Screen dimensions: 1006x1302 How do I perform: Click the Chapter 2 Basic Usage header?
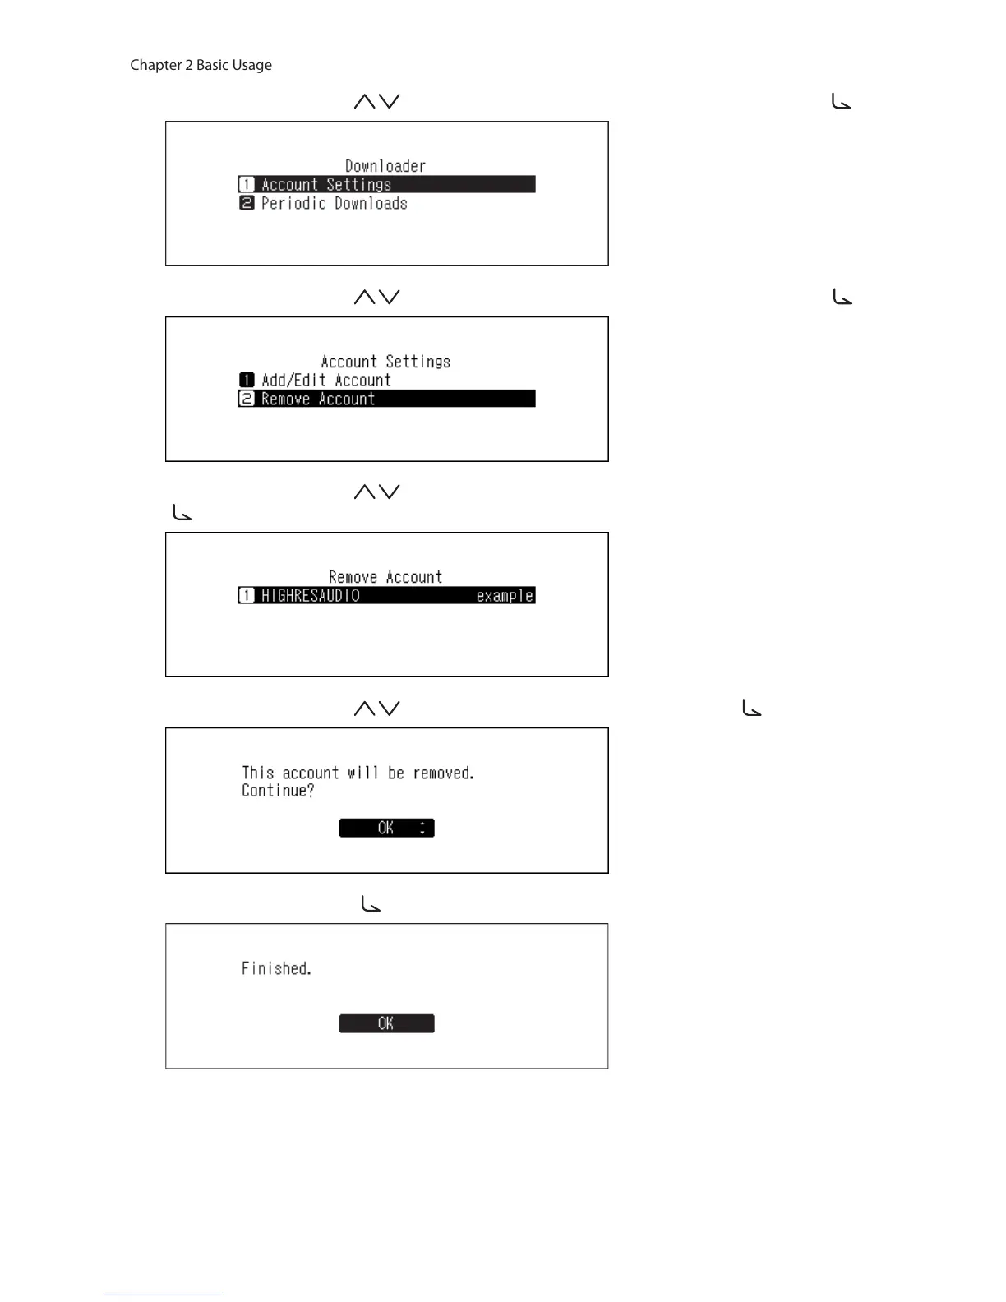pos(201,65)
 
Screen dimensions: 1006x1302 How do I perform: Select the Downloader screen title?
pos(385,166)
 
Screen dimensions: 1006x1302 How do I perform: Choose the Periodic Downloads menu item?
pos(334,204)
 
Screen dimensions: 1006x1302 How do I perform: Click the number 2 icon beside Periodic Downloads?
pos(247,203)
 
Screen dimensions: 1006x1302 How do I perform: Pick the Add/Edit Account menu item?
pos(325,381)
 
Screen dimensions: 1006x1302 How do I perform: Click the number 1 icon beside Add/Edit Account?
pos(247,380)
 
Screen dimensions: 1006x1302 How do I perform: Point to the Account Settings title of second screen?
pos(385,362)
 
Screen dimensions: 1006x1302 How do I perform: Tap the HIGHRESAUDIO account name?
pos(311,596)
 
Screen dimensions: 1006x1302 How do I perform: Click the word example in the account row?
pos(505,596)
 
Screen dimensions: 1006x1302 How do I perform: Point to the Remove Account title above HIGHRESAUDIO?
pos(385,577)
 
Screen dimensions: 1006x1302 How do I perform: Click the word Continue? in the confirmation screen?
pos(278,791)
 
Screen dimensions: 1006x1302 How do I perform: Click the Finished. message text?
pos(276,969)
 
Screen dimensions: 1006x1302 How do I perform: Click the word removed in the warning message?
pos(443,773)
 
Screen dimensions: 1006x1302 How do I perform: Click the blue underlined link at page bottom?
pos(163,1295)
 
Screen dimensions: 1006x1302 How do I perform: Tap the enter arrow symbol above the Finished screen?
pos(371,905)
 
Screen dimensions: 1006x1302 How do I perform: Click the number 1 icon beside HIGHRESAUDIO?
pos(247,595)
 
